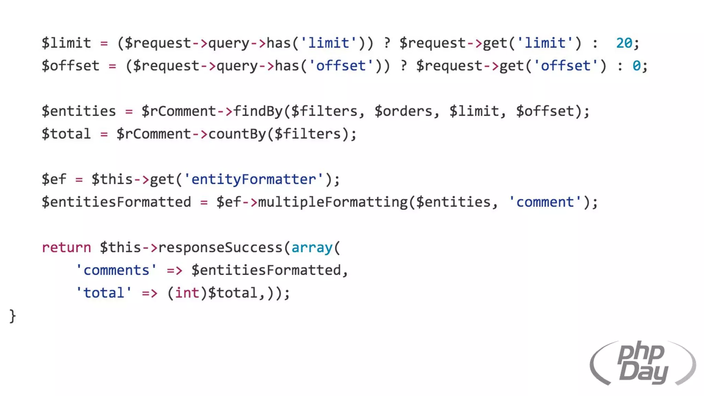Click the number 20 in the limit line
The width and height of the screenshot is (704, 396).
[624, 43]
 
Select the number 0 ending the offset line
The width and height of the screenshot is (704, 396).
[636, 66]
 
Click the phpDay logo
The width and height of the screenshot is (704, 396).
[642, 363]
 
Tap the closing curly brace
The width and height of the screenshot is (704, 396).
[13, 316]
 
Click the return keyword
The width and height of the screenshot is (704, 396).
[66, 247]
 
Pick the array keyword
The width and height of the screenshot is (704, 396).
[312, 247]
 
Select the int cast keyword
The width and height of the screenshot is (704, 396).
[187, 293]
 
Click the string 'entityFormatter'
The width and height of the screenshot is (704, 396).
[254, 179]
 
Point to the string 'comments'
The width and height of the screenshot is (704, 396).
[116, 270]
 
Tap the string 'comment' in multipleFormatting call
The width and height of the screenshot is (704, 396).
[545, 202]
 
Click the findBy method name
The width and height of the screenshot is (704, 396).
[258, 111]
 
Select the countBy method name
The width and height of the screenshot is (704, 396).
[237, 134]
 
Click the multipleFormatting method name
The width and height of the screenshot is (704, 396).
[333, 202]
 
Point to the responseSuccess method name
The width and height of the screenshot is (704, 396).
[220, 247]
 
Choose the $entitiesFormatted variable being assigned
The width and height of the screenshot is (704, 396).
[116, 202]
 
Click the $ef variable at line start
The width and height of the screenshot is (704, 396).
[54, 179]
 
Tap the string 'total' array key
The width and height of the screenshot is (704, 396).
[103, 293]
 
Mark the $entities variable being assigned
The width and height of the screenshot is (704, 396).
[79, 111]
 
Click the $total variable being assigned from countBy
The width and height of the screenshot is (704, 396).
[66, 134]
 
